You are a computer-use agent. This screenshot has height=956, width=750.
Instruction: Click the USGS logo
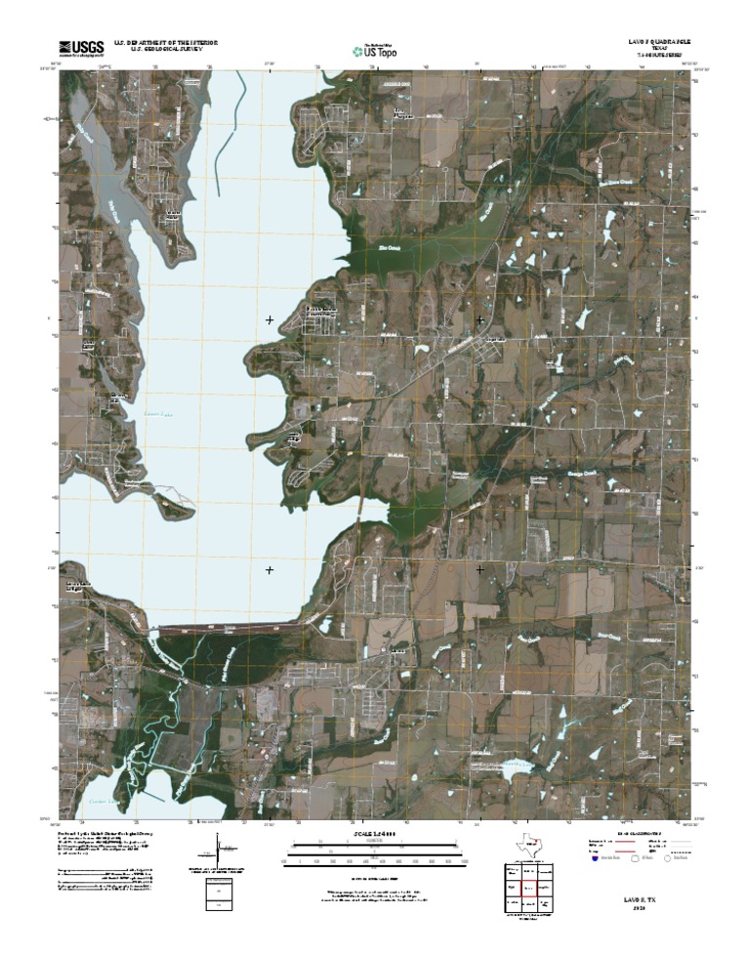[81, 47]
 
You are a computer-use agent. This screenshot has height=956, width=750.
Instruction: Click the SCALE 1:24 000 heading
[375, 833]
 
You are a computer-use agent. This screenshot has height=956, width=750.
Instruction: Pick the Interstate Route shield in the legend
[595, 861]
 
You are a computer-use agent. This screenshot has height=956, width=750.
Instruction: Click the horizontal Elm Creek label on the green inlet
[389, 248]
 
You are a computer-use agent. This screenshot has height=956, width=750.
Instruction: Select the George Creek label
[580, 475]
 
